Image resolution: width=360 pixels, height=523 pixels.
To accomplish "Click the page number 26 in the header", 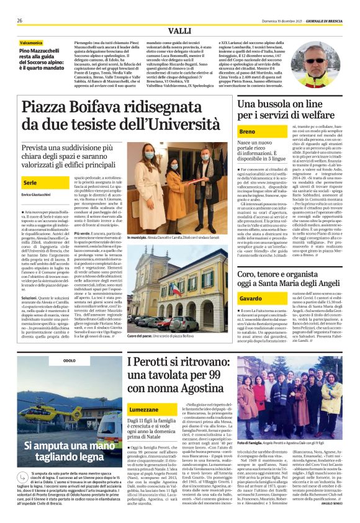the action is point(20,20).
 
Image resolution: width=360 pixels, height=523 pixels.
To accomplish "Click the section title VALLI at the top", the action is point(179,32).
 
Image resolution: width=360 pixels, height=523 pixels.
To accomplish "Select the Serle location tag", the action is point(30,183).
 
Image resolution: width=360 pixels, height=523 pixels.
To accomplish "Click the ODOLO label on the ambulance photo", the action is point(69,360).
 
